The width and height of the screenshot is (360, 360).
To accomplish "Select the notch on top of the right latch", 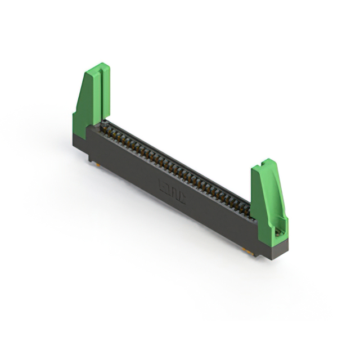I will tap(260, 165).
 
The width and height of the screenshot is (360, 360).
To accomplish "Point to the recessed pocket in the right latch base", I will tap(277, 229).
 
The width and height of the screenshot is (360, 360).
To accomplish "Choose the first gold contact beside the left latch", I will tap(107, 128).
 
